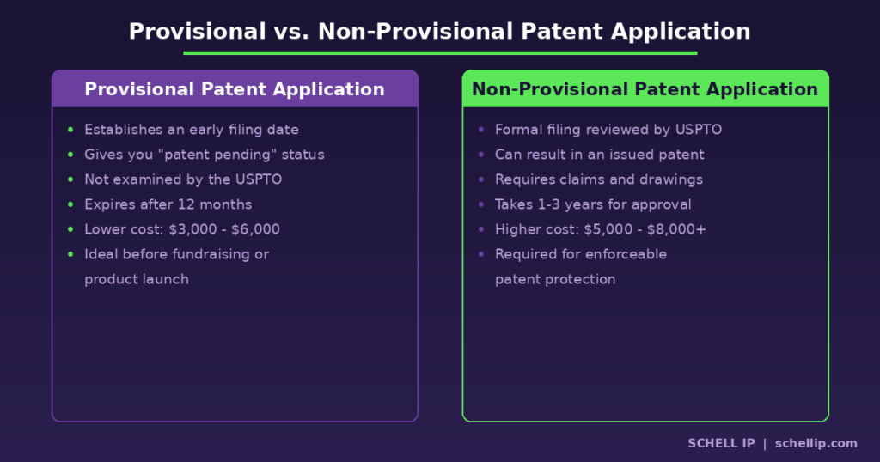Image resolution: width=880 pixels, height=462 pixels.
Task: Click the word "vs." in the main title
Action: [x=291, y=32]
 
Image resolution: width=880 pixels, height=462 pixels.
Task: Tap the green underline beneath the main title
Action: [x=439, y=53]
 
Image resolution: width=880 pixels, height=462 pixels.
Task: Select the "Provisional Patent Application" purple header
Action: [x=235, y=89]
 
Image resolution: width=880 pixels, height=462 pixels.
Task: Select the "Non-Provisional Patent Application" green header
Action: [x=645, y=89]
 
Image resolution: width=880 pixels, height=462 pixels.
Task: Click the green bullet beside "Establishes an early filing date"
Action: [x=70, y=130]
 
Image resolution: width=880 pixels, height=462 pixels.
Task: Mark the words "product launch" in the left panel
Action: [x=137, y=279]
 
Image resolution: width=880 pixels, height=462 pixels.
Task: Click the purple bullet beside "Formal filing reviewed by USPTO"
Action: [x=481, y=130]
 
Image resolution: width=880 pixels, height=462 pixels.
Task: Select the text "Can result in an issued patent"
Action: [x=599, y=155]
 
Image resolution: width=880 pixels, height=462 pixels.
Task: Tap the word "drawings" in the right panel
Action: [x=669, y=179]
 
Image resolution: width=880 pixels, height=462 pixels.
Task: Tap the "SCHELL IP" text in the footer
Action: [x=721, y=443]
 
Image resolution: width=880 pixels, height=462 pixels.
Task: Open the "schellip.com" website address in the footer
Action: [x=816, y=443]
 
